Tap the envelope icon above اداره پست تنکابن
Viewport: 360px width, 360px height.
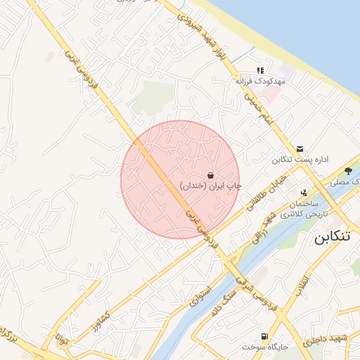300,148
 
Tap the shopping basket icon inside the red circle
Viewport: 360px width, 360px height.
210,174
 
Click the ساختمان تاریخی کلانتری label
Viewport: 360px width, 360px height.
304,208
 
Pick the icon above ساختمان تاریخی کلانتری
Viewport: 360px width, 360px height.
304,193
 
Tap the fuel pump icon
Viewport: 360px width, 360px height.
264,336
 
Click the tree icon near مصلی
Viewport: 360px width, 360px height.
348,170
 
